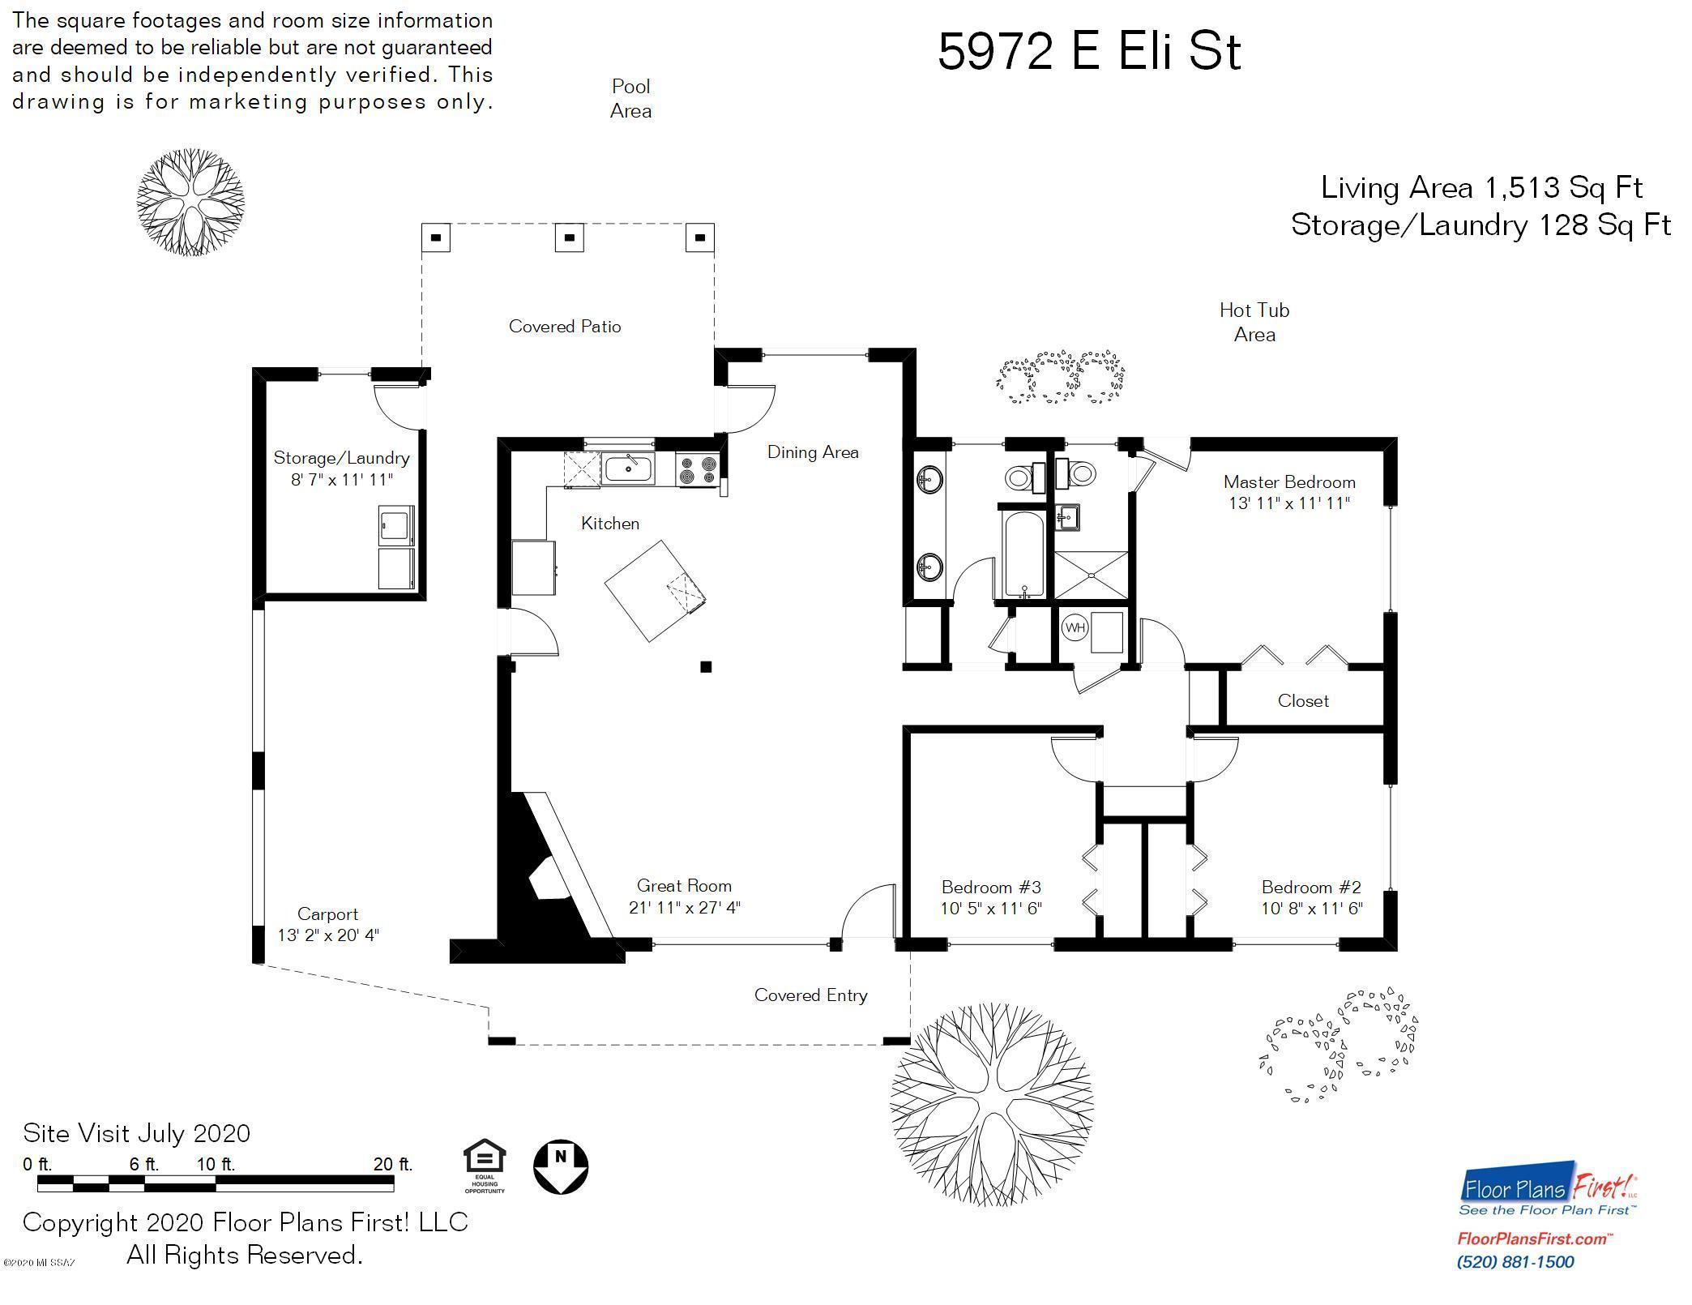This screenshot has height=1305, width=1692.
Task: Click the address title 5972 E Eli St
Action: coord(1089,51)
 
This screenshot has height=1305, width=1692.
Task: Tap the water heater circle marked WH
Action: coord(1075,627)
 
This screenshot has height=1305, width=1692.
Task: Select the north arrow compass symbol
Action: coord(561,1167)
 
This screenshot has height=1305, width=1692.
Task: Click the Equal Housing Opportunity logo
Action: coord(485,1167)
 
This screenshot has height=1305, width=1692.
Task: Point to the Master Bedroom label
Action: coord(1289,482)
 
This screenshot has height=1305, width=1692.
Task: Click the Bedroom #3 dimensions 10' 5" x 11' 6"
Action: coord(991,909)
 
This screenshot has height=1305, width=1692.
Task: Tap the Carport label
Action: coord(327,914)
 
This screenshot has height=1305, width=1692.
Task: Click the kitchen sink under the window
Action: coord(628,469)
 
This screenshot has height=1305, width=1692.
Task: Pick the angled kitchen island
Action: coord(655,591)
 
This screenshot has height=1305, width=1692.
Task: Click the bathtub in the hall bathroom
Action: coord(1024,554)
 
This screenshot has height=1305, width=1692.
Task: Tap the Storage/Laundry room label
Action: coord(341,458)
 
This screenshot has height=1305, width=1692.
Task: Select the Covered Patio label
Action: coord(565,327)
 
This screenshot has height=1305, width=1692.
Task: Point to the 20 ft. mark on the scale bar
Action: coord(393,1165)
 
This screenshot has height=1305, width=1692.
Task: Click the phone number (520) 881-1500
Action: coord(1515,1262)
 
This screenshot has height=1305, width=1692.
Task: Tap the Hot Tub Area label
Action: coord(1254,322)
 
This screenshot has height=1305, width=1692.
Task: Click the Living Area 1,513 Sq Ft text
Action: coord(1481,188)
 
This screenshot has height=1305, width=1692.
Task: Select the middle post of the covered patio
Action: coord(570,237)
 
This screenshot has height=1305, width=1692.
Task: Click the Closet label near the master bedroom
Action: coord(1303,701)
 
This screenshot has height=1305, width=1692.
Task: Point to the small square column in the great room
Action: coord(706,667)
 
